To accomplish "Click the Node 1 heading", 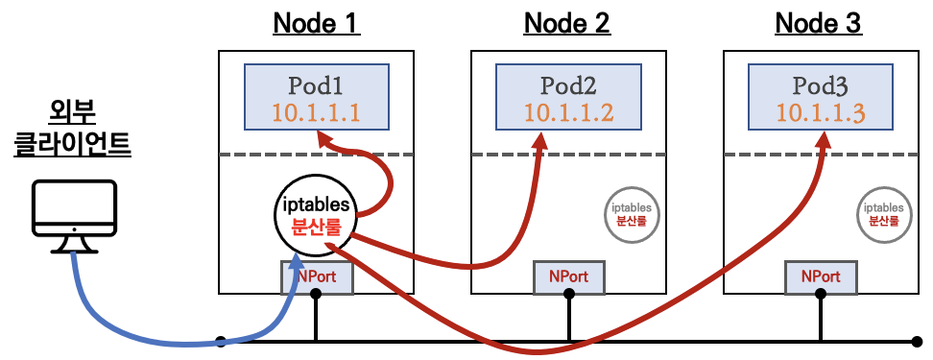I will click(x=316, y=22).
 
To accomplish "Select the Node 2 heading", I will click(x=566, y=22).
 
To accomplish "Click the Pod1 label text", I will click(x=316, y=84).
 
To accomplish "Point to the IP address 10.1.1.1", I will click(x=316, y=112).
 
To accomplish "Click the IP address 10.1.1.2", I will click(x=568, y=112).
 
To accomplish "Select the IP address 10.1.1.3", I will click(x=821, y=112).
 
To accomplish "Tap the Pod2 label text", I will click(x=568, y=84).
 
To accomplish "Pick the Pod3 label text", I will click(x=821, y=84).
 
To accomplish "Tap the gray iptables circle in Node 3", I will click(x=882, y=213).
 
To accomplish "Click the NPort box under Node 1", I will click(x=317, y=277).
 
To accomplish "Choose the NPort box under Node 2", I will click(x=568, y=277).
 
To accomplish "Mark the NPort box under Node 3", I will click(x=821, y=277).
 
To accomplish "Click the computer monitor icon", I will click(x=72, y=217).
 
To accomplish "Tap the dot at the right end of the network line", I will click(x=918, y=341).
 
